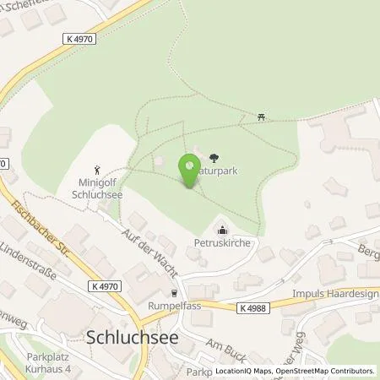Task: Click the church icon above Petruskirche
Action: pos(222,230)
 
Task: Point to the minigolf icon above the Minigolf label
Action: pos(97,167)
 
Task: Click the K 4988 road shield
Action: pos(255,307)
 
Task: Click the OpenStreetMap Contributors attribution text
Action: pos(331,371)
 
